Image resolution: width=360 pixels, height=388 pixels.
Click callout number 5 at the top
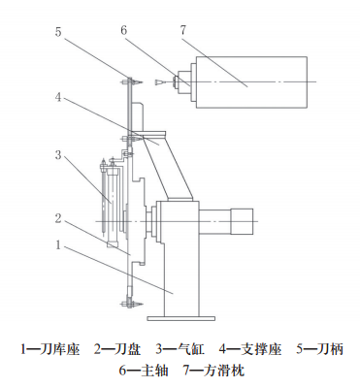(58, 32)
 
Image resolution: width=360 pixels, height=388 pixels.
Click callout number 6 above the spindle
(124, 30)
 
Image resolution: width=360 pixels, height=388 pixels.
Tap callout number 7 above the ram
(183, 30)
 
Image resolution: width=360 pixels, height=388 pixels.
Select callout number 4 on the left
(58, 97)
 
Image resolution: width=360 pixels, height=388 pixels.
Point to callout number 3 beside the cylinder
(58, 155)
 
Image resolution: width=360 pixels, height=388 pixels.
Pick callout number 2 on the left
(58, 218)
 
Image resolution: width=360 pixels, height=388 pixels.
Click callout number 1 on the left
(58, 244)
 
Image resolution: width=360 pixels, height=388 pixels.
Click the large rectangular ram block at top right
(251, 82)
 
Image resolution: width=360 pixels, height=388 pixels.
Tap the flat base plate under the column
(181, 318)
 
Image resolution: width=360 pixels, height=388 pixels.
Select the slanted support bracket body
(168, 167)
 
